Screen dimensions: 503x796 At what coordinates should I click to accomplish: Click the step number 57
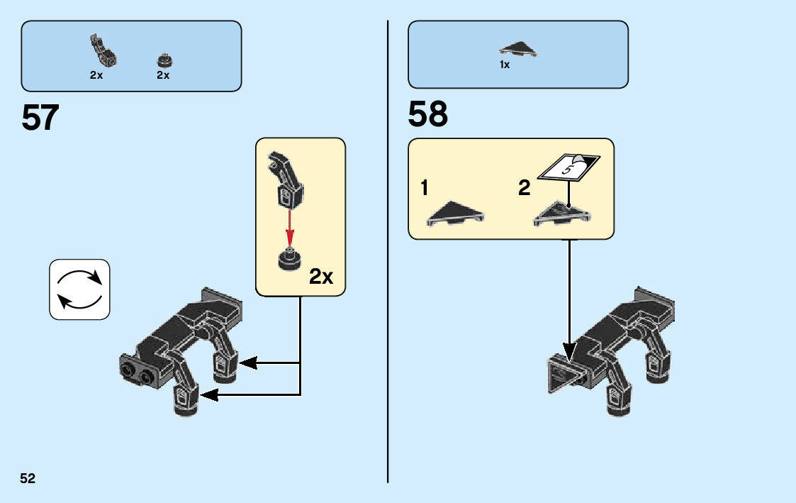40,118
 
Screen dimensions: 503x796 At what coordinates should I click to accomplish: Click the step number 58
428,114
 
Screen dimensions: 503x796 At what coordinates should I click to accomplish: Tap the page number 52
28,478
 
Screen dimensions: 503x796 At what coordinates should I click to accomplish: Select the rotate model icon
79,289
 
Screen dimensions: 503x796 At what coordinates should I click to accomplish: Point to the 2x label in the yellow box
321,277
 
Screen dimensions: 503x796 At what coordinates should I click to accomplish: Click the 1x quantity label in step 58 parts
505,65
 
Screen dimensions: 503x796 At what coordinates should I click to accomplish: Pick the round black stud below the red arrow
288,260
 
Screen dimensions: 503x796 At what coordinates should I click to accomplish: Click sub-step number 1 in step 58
424,189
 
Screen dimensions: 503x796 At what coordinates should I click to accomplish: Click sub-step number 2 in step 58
525,189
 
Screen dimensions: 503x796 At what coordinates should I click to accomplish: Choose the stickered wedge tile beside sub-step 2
562,214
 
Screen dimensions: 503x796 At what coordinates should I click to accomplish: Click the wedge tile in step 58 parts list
519,50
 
